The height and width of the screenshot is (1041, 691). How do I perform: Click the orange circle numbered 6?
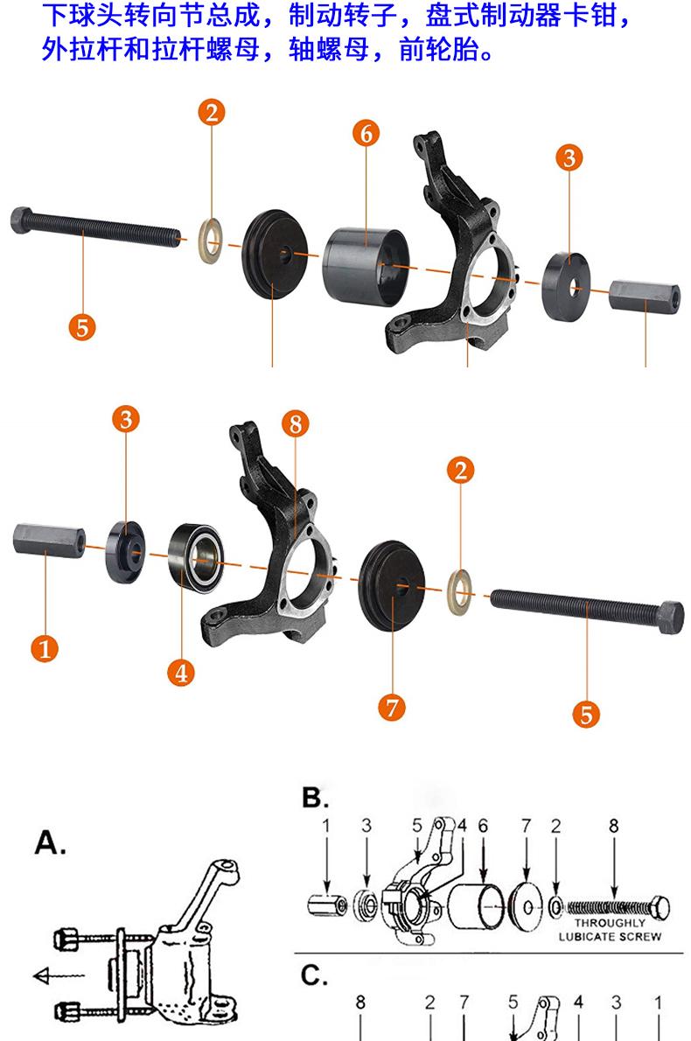point(366,134)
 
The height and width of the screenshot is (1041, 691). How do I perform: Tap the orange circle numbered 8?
point(296,424)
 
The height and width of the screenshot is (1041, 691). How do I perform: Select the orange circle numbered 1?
point(45,649)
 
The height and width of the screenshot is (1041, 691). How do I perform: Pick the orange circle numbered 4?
point(180,673)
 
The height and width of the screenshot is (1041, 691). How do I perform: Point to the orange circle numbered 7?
point(392,706)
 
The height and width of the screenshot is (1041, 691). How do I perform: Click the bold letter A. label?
point(51,843)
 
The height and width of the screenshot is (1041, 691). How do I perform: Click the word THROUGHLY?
point(610,923)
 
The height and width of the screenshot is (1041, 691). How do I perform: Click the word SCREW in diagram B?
point(642,936)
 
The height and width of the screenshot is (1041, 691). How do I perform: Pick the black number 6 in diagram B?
point(483,826)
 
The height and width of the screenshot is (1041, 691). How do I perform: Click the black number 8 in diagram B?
point(614,826)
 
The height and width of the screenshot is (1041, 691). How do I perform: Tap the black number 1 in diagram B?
point(325,826)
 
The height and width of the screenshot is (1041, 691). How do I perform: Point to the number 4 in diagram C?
point(578,1003)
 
